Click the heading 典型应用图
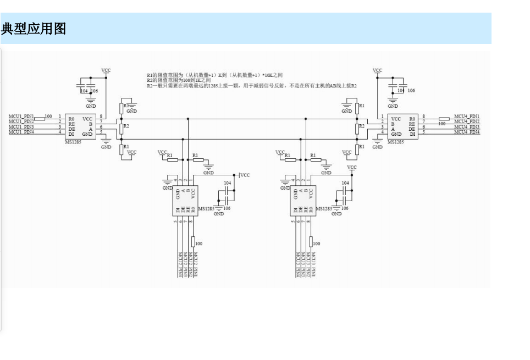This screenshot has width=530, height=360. tap(34, 29)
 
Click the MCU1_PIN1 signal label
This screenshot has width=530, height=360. tap(21, 117)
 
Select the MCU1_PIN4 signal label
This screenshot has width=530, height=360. tap(21, 132)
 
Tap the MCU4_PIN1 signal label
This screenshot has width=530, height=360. tap(467, 117)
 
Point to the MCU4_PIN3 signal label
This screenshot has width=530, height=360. tap(467, 127)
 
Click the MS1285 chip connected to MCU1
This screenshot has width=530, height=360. tap(79, 126)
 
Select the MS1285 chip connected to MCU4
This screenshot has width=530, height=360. tap(402, 126)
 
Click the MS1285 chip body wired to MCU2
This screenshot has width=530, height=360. tap(185, 200)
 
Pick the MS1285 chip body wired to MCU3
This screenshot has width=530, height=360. tap(303, 200)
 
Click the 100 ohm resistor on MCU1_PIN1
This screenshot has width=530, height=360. tap(40, 117)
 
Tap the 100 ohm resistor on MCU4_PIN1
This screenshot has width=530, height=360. tap(444, 118)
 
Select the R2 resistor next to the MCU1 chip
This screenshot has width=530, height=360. tap(121, 129)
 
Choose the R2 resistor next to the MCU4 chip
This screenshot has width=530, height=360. tap(357, 129)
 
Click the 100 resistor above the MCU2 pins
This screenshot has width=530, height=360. tap(194, 241)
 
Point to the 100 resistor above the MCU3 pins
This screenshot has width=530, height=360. tap(311, 241)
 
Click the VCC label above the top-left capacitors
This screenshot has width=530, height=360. tap(106, 70)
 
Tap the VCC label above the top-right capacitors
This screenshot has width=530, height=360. tap(377, 70)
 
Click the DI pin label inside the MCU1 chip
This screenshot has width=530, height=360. tap(71, 134)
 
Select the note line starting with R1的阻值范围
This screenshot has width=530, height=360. tap(214, 75)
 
